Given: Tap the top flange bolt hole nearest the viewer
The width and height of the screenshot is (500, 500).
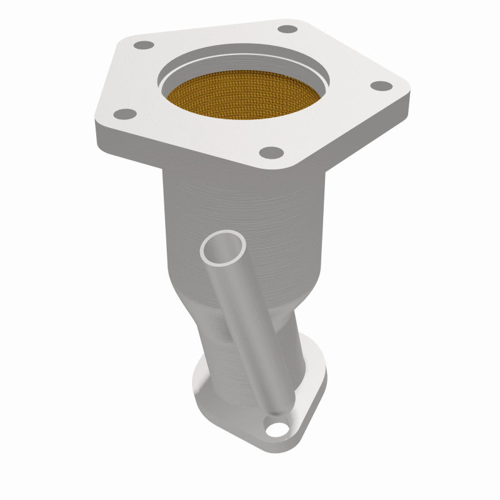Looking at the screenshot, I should coord(270,151).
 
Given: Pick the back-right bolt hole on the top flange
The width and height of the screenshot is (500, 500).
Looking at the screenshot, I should coord(287,29).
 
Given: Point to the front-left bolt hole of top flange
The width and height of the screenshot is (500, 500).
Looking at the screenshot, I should coord(126,114).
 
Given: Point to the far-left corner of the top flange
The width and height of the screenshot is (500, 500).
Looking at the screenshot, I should coord(97,122).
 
